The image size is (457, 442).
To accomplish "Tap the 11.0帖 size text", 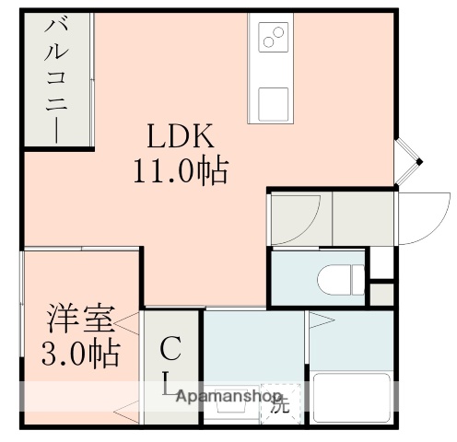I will [182, 171].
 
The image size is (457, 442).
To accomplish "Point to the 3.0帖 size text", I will [80, 353].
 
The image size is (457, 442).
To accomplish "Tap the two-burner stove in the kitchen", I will [274, 38].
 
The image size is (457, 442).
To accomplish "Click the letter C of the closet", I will [170, 350].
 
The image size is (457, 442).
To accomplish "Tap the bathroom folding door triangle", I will [319, 322].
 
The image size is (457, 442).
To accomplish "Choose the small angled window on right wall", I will [407, 160].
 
